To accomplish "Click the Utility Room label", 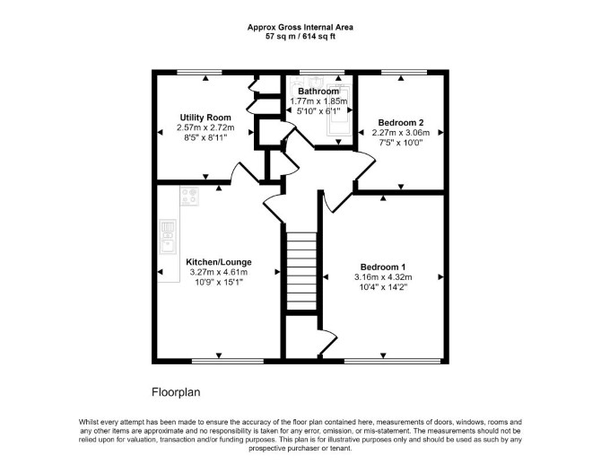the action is (x=205, y=118).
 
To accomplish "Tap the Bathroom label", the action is (x=318, y=92).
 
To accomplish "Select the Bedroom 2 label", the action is (x=401, y=123).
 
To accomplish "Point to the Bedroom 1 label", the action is (x=383, y=267).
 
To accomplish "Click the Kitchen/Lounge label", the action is (x=219, y=262).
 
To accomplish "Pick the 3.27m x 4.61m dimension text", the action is (x=219, y=272).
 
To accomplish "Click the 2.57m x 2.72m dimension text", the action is (x=205, y=127).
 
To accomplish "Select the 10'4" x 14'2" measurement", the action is (x=383, y=287).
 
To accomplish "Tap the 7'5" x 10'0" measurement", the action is (x=401, y=143).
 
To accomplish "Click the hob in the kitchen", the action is (x=190, y=197).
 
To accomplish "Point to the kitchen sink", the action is (x=168, y=237).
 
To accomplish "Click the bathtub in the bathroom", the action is (x=339, y=112).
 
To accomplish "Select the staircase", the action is (x=301, y=271).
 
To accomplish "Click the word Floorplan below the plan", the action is (x=177, y=392).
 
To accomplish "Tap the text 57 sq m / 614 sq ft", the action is (x=300, y=37).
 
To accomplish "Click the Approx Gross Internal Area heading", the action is (x=300, y=27).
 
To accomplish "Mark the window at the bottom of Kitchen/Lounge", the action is (x=228, y=361).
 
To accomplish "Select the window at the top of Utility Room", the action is (x=199, y=72).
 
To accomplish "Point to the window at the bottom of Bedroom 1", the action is (x=393, y=361).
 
